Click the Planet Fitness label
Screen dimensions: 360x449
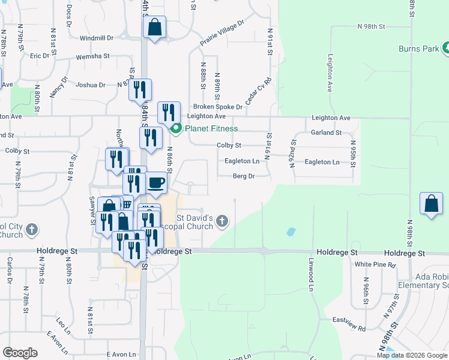[211, 128]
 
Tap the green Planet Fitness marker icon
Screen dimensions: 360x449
[176, 128]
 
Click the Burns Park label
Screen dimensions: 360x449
[418, 49]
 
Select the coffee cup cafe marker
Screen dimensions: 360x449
[156, 182]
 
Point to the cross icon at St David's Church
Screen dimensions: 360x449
[221, 221]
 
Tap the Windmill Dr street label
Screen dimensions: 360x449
[96, 38]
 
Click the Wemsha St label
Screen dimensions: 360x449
[92, 57]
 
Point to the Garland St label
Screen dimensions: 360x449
[326, 133]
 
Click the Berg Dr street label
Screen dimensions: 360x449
[244, 176]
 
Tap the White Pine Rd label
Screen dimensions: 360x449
[375, 264]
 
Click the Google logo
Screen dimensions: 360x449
[20, 353]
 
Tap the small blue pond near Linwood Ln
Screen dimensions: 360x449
[291, 231]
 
